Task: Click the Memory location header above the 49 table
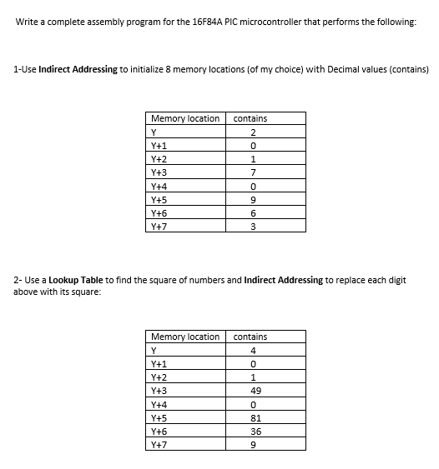coord(184,337)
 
